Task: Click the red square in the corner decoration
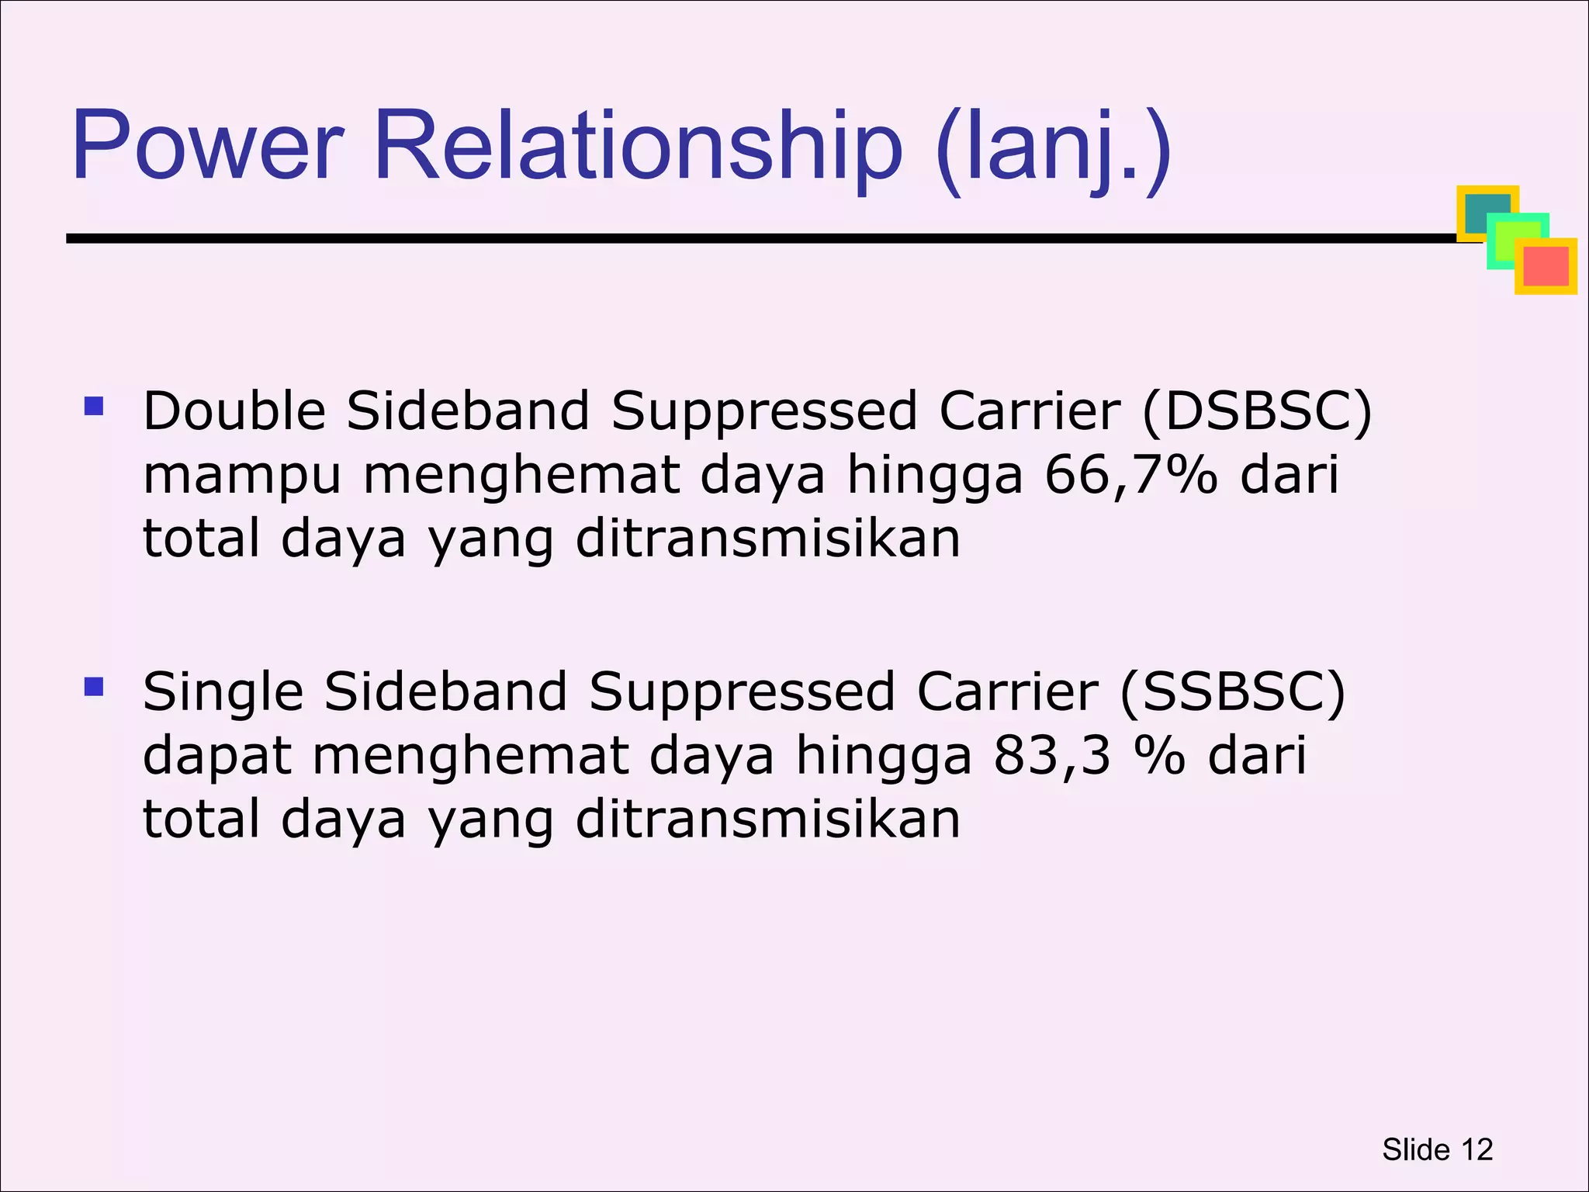(1546, 267)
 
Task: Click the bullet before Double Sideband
(94, 406)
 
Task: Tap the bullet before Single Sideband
(94, 687)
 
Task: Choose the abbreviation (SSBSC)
(1233, 691)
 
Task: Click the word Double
(234, 411)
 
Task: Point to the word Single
(223, 693)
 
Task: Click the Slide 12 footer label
(1437, 1149)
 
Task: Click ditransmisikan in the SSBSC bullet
(767, 819)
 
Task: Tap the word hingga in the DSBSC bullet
(934, 476)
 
